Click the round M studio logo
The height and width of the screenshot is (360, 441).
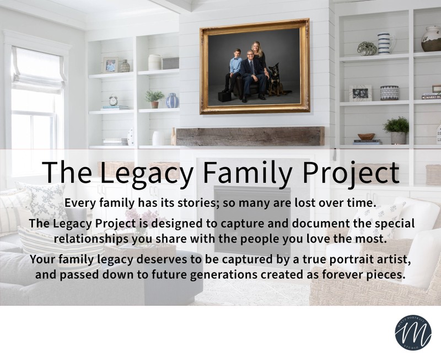413,333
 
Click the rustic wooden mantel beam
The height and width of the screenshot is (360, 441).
249,136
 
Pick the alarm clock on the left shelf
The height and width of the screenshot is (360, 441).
114,100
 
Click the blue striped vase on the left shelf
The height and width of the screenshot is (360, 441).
172,100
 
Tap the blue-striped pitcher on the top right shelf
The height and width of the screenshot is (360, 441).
385,43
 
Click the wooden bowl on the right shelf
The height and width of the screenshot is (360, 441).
366,136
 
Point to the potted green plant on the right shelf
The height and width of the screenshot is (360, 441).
397,130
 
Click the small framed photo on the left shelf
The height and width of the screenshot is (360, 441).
110,65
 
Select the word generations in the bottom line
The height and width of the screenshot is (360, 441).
224,275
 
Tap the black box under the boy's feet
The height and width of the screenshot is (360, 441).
224,96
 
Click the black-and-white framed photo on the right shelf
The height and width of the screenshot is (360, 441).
361,93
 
